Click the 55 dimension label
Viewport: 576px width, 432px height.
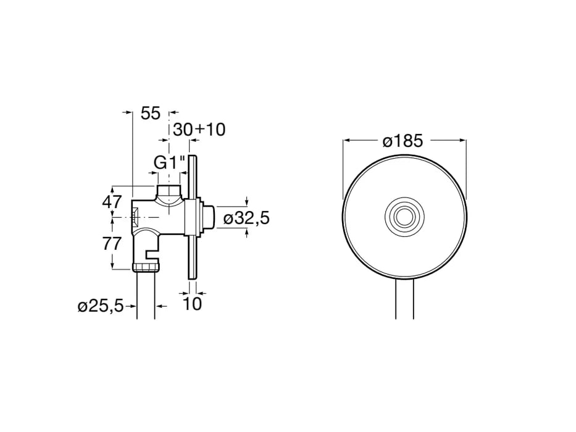click(x=151, y=113)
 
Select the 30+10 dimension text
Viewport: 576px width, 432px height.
click(x=199, y=130)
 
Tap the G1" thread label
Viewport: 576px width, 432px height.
click(x=170, y=164)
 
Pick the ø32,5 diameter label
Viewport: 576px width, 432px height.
click(x=246, y=217)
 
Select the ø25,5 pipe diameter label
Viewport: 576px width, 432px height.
click(x=101, y=306)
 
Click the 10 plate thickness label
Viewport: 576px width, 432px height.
click(x=193, y=304)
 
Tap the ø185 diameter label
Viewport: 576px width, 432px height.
click(x=403, y=141)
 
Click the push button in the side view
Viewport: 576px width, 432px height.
click(x=209, y=217)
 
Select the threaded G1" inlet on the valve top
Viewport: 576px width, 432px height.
click(x=168, y=191)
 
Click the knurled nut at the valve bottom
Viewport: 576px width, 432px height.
click(x=146, y=267)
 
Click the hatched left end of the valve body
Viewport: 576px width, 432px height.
click(x=135, y=217)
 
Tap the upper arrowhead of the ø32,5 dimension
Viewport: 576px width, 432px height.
click(x=246, y=202)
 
